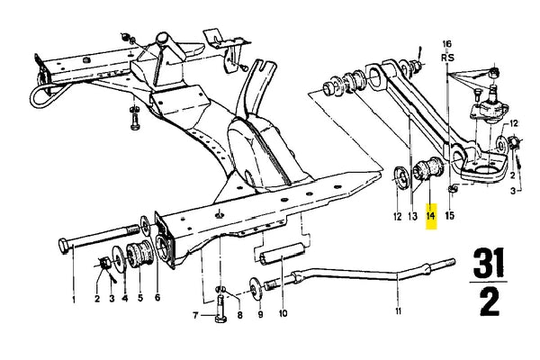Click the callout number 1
pos(74,300)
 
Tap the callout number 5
pos(140,297)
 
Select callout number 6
pos(157,297)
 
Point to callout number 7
pos(195,315)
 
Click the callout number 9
pos(260,314)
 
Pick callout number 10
pos(283,313)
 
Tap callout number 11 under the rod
pos(398,311)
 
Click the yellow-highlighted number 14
pos(431,216)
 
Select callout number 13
pos(412,216)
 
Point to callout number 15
pos(450,216)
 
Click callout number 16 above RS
pos(446,44)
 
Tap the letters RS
pos(447,58)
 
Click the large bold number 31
pos(489,264)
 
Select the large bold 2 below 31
pos(490,301)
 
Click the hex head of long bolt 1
pos(64,246)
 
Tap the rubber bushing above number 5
pos(139,255)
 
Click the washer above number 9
pos(255,287)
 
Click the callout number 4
pos(125,298)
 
